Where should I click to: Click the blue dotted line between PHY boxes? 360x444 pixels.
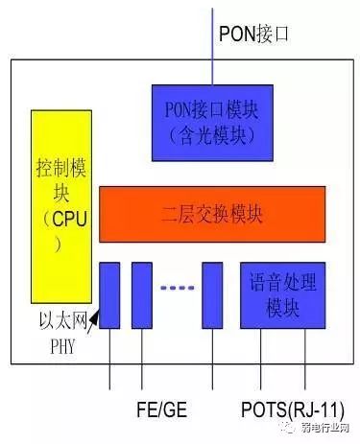coord(178,287)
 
